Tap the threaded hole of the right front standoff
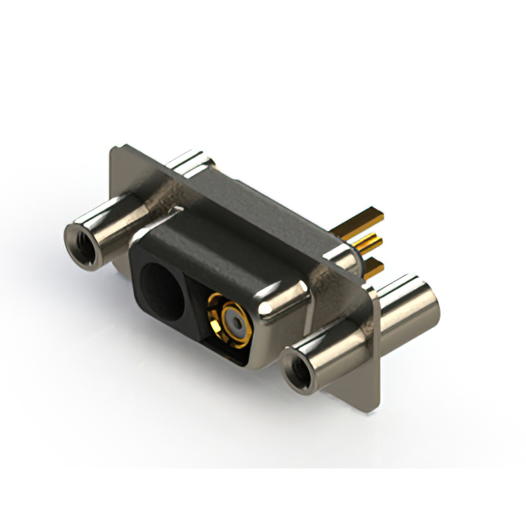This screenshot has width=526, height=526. coord(298,367)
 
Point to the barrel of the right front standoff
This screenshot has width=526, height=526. coord(329,349)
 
